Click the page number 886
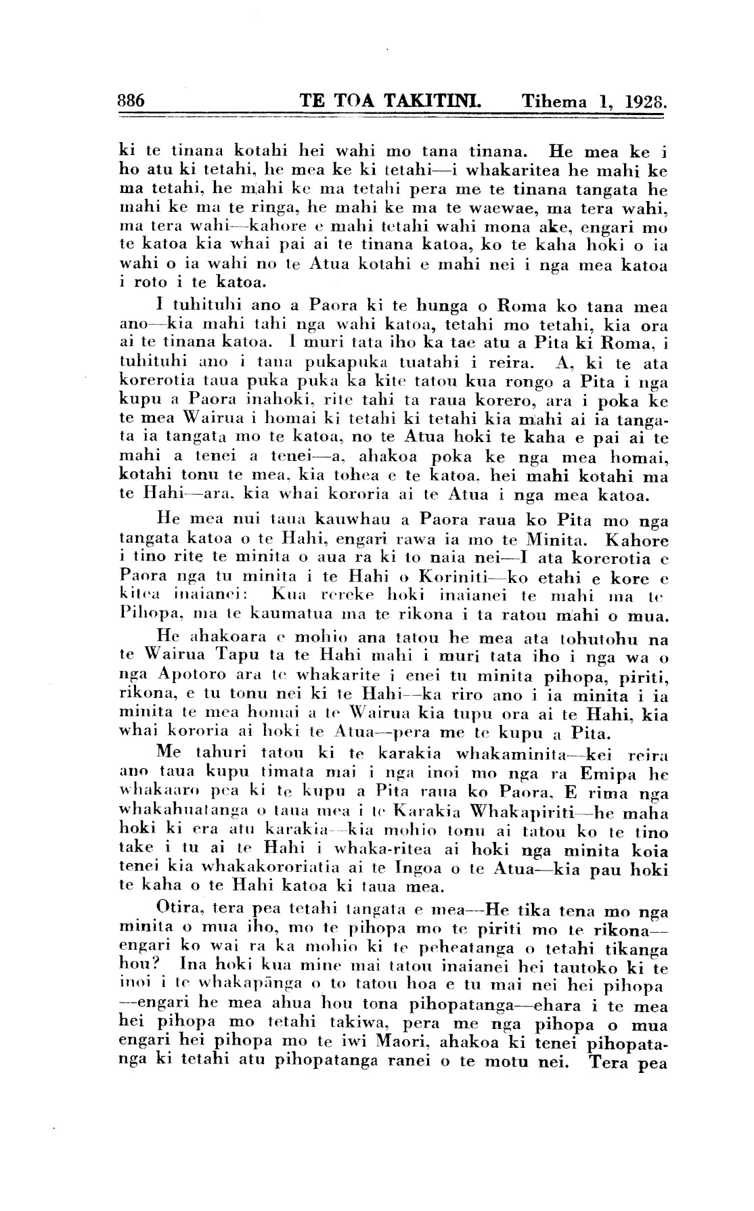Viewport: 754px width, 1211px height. (x=131, y=102)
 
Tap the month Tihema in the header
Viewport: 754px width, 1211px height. (x=554, y=102)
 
